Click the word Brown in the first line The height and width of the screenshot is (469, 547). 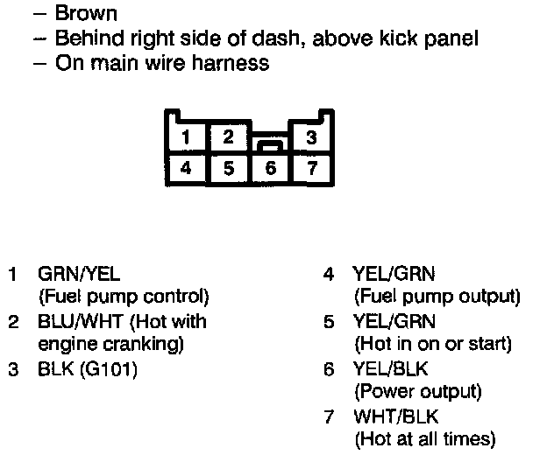(x=85, y=14)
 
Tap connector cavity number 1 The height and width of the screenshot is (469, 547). (x=187, y=137)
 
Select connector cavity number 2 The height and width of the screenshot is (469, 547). (x=228, y=137)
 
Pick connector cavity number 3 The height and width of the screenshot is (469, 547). (x=310, y=137)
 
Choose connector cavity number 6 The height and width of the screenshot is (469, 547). (x=270, y=167)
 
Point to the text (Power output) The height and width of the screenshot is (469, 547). (x=417, y=392)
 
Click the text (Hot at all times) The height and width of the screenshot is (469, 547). (x=424, y=439)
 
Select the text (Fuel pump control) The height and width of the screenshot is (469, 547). (x=124, y=297)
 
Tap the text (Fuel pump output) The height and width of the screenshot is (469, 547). (x=437, y=297)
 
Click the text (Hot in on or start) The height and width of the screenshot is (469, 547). (x=432, y=345)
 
